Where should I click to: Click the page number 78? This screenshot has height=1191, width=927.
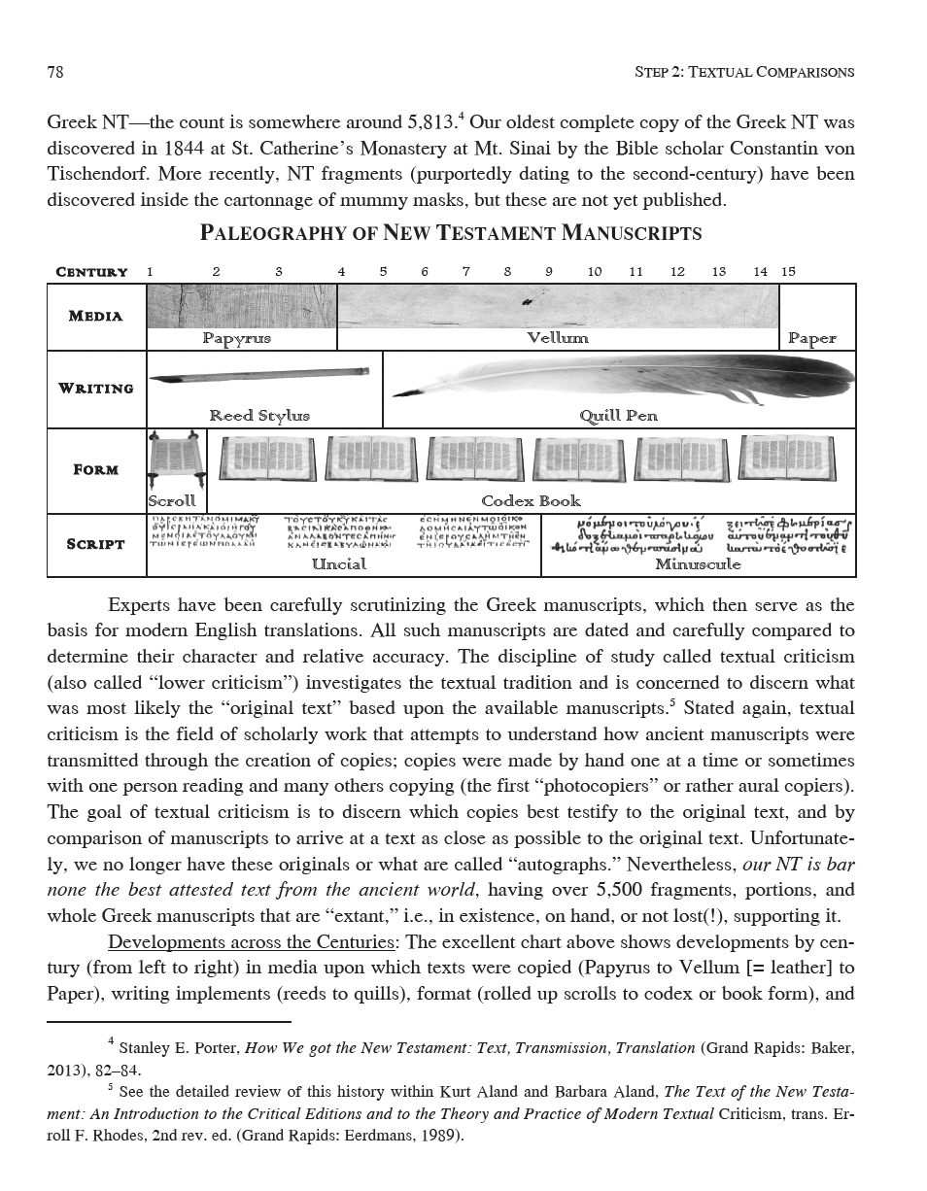(55, 72)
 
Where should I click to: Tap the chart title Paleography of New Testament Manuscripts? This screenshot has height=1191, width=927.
(450, 234)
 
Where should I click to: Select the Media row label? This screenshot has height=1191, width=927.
(96, 316)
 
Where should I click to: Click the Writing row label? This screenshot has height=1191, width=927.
(96, 389)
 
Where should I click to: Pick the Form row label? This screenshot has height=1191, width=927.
(96, 470)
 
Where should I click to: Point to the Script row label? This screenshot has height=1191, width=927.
(96, 544)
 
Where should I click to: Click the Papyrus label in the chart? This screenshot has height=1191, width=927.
(236, 338)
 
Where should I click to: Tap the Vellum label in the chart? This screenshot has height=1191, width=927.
(557, 338)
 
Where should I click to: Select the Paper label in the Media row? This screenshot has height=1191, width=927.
(811, 338)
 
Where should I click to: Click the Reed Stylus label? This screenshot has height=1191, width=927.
(258, 416)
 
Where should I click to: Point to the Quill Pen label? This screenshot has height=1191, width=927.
(618, 416)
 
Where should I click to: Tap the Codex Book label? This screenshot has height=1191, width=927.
(531, 501)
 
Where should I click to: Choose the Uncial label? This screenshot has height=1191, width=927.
(338, 564)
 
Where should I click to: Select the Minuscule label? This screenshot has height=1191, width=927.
(698, 564)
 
